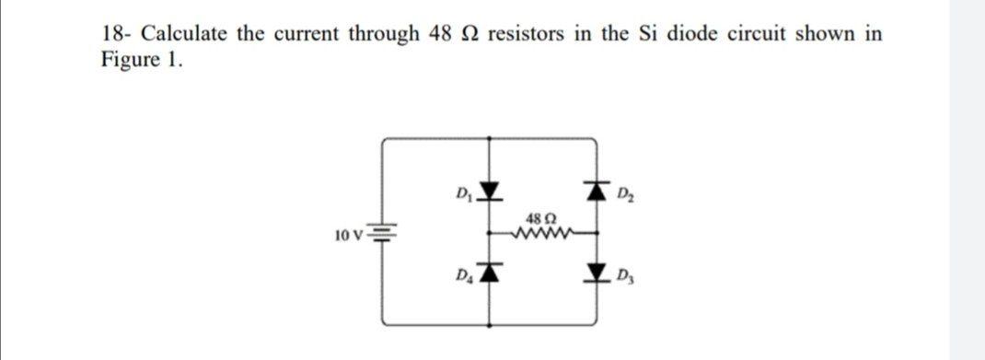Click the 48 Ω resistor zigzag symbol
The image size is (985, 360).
tap(543, 234)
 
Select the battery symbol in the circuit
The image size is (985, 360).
tap(384, 237)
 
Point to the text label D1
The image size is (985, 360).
tap(464, 192)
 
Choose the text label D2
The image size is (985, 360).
tap(624, 193)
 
